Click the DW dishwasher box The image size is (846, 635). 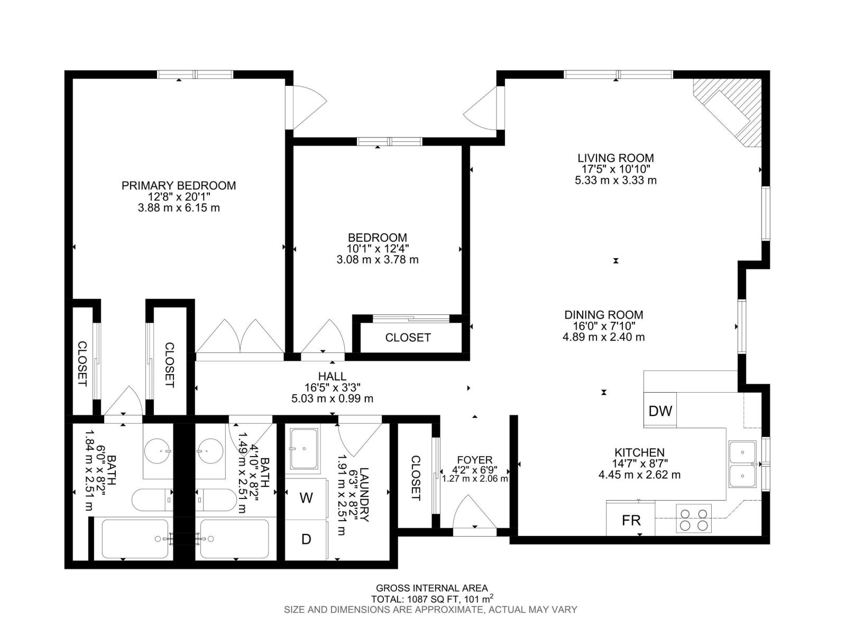(660, 411)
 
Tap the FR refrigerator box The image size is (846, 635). (631, 520)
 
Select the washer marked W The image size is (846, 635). (306, 498)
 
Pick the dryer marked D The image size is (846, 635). (306, 539)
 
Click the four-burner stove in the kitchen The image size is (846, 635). (694, 519)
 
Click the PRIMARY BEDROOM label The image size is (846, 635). (179, 186)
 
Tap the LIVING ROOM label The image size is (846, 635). (615, 158)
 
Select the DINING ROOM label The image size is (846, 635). (603, 315)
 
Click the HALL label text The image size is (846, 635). (333, 376)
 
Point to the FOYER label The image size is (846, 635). (474, 460)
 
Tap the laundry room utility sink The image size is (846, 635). (304, 449)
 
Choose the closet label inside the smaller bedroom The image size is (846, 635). (408, 338)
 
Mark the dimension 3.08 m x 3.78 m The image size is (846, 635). (377, 260)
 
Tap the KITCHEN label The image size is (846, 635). (639, 452)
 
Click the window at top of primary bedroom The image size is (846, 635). (195, 75)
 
